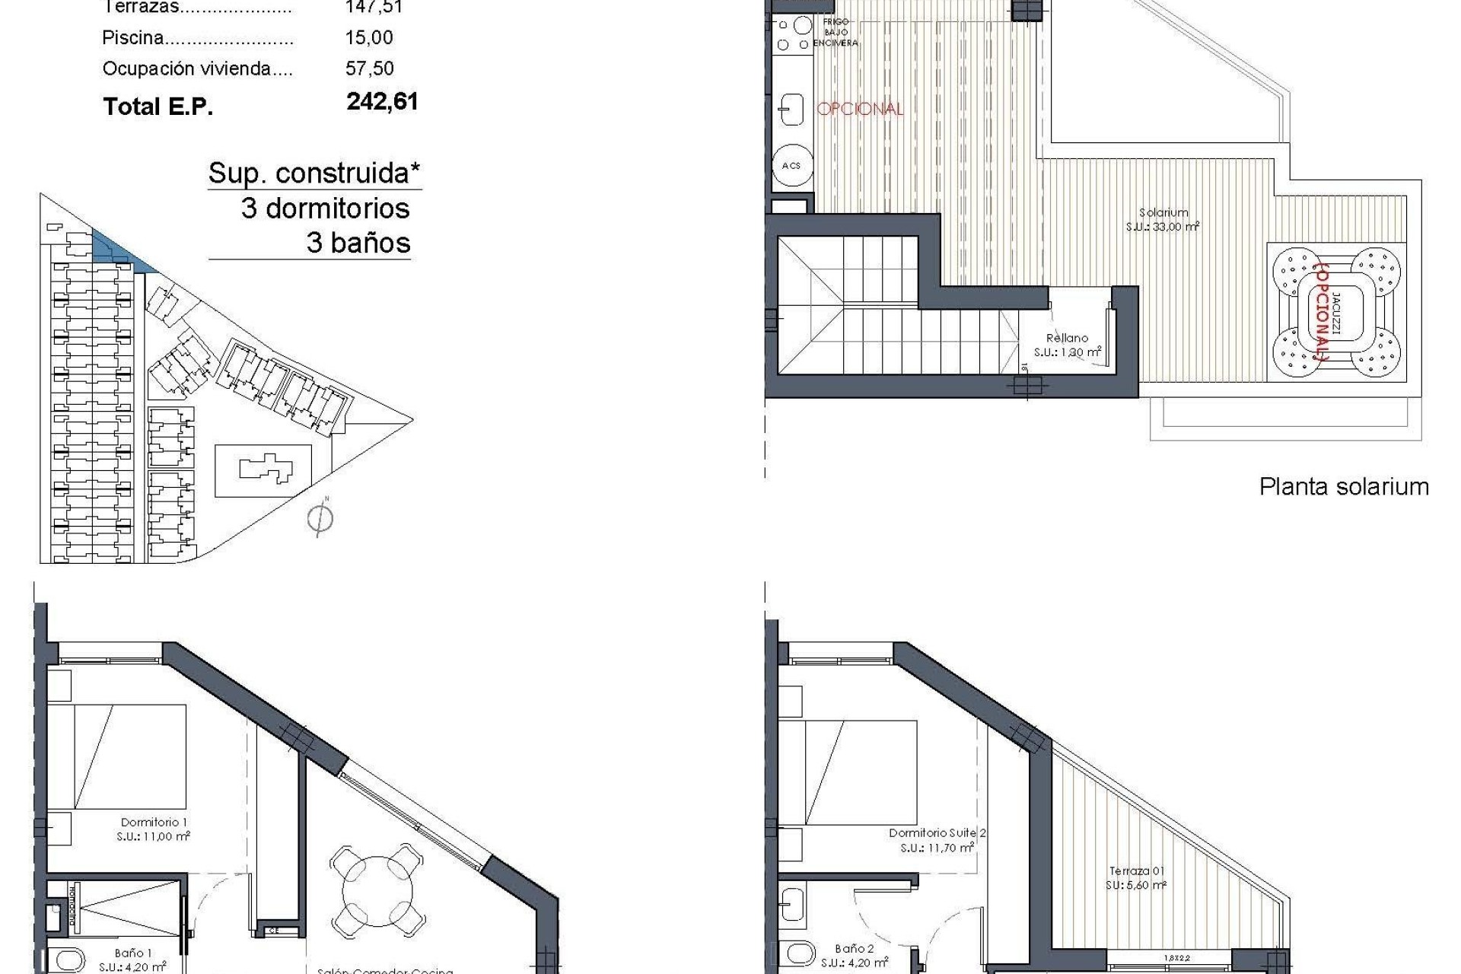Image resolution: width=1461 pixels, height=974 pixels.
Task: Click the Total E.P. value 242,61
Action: point(382,101)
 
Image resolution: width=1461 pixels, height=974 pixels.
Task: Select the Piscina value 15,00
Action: point(369,37)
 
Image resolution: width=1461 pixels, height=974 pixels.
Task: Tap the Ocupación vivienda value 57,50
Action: point(370,68)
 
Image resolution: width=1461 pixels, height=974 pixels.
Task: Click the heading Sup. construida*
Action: point(314,173)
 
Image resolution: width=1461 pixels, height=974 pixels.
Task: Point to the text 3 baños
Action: point(358,243)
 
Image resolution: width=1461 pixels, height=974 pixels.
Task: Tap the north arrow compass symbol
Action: point(320,519)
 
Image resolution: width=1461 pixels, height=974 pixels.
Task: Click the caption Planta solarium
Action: point(1344,486)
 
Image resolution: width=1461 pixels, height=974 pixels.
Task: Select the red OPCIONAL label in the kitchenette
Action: point(860,109)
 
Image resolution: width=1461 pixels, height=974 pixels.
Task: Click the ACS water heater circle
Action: point(791,165)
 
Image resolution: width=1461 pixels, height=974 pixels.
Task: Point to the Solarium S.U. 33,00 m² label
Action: point(1163,220)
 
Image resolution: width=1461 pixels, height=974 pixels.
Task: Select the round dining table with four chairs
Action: point(377,894)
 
